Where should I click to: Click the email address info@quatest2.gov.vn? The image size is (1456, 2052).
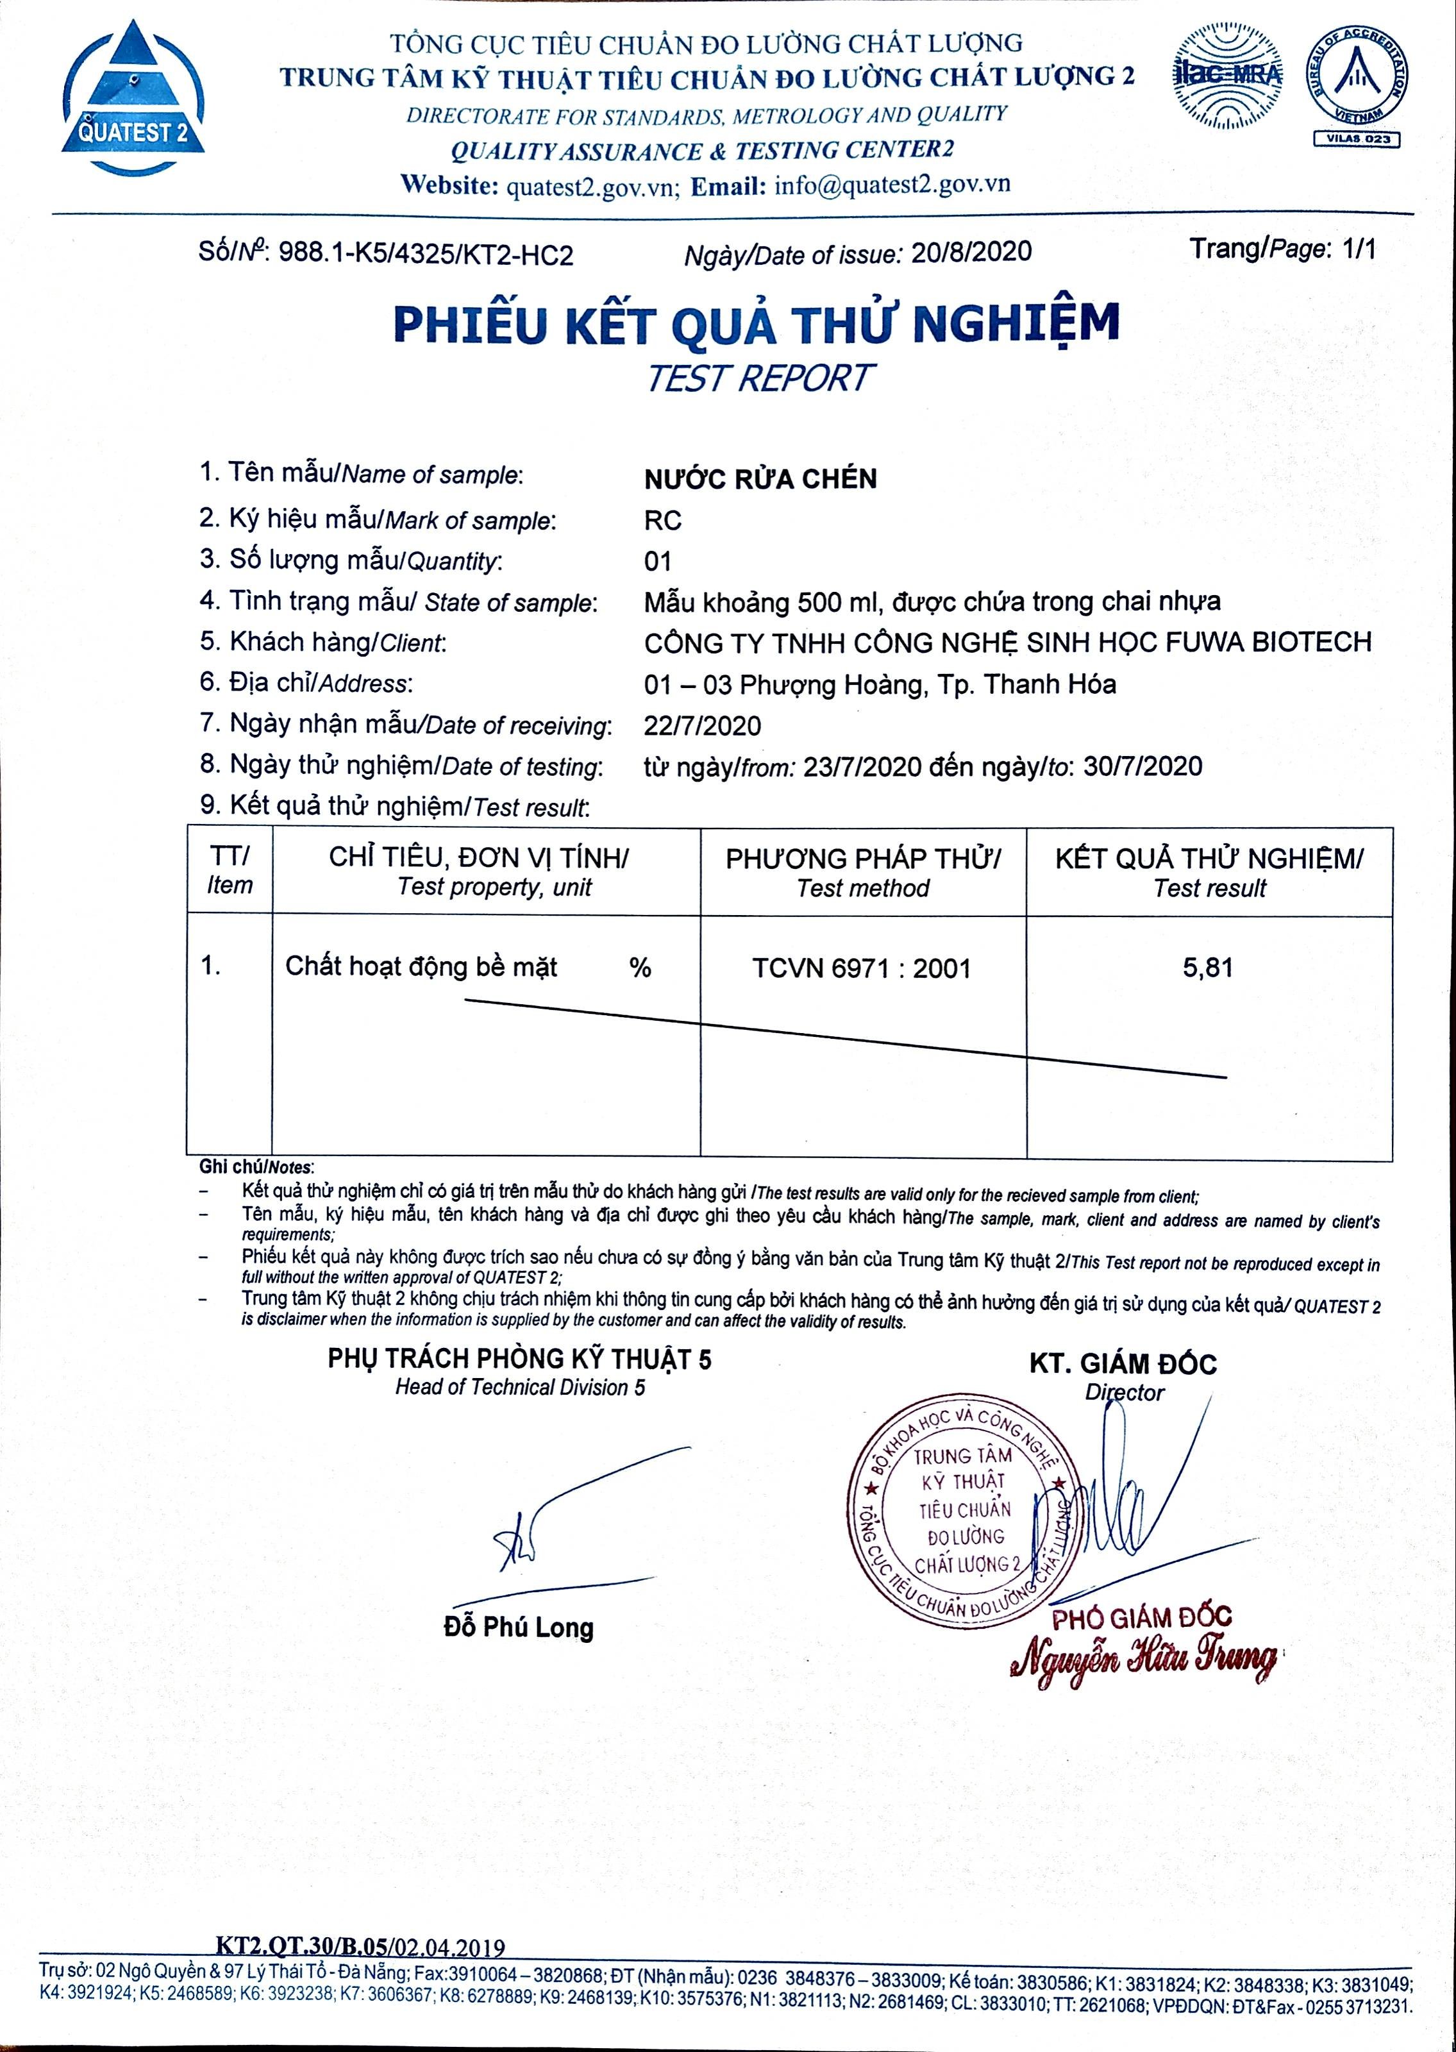[892, 185]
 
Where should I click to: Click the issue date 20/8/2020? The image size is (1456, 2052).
[971, 252]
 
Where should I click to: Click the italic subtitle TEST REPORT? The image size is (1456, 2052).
[758, 378]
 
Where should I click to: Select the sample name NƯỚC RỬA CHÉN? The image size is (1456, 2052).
[760, 479]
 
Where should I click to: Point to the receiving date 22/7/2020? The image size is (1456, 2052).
[702, 725]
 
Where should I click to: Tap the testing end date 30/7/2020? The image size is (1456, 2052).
[1142, 766]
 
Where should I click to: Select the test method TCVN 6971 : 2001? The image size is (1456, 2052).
[862, 968]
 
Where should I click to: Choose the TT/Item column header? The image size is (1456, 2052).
[230, 870]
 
